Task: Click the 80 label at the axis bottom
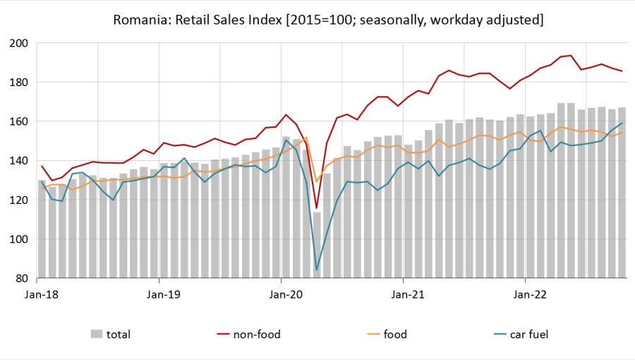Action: pos(21,278)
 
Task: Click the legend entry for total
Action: pos(118,335)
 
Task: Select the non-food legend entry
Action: pos(257,335)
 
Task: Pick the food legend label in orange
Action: pos(395,335)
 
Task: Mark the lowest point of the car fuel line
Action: pos(317,270)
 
